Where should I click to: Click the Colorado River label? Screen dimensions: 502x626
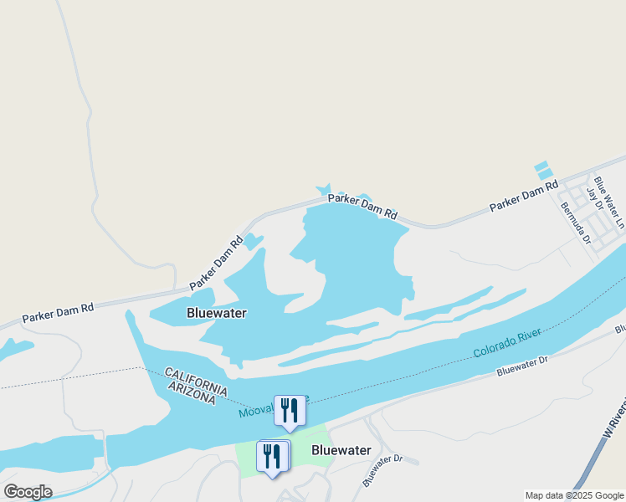coord(508,343)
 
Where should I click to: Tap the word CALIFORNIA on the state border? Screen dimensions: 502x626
coord(196,381)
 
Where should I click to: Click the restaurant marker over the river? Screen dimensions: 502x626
coord(290,411)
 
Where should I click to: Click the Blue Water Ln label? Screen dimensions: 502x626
coord(609,202)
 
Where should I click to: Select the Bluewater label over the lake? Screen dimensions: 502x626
coord(217,313)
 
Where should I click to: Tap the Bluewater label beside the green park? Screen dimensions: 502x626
coord(341,450)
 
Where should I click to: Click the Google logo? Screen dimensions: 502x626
coord(28,491)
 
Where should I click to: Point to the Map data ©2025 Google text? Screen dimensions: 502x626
coord(575,495)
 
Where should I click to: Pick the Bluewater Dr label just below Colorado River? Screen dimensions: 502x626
coord(521,365)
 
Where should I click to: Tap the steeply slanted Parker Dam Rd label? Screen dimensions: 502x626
coord(216,263)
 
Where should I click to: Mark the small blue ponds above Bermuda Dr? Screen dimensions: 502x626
coord(543,170)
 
